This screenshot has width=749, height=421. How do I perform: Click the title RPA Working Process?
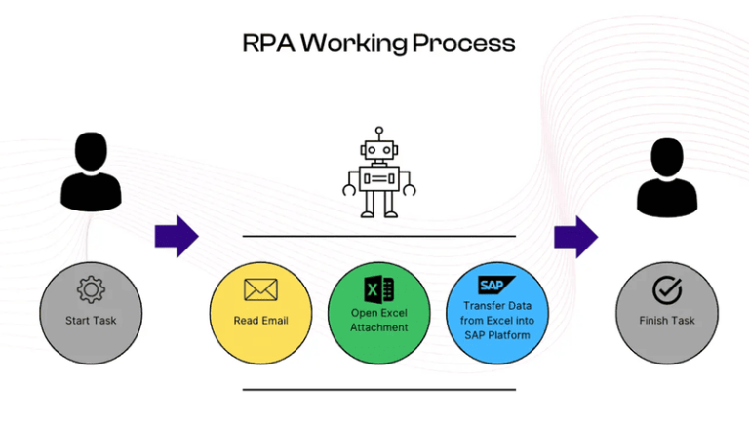[378, 43]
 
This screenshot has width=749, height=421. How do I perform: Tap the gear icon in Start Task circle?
[90, 289]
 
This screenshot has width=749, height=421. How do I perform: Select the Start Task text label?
[90, 320]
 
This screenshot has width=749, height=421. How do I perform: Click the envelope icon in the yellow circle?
[260, 289]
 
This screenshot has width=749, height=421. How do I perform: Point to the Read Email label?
[260, 320]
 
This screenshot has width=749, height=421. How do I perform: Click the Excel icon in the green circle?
[377, 288]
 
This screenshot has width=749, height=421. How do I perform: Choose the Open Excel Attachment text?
[377, 320]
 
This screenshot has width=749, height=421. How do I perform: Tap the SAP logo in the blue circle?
[495, 285]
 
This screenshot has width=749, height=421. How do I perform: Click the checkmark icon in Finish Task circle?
[667, 289]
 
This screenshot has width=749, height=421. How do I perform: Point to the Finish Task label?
[667, 320]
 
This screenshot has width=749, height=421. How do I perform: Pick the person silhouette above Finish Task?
[668, 179]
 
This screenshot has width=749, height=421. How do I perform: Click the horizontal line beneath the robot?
[378, 236]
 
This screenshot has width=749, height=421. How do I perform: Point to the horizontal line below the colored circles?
[378, 389]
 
